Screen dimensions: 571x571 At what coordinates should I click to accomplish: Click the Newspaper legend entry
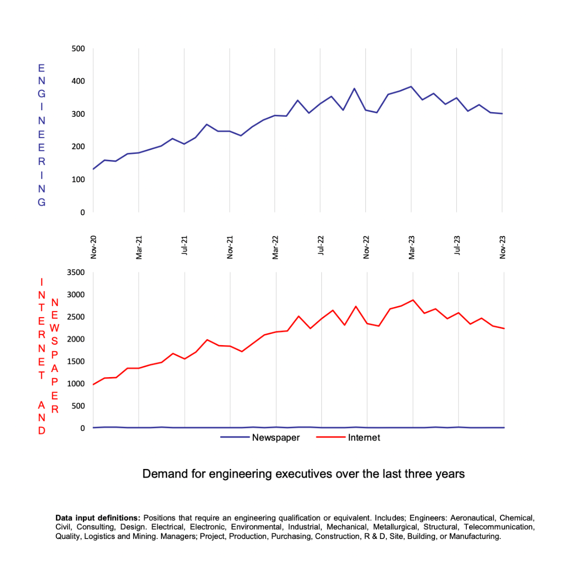[276, 438]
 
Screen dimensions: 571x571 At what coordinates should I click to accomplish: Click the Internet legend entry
[363, 438]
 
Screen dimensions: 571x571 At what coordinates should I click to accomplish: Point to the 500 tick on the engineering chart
[78, 49]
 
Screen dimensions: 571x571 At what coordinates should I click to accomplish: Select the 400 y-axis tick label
[78, 81]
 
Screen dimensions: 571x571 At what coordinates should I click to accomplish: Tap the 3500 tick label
[76, 273]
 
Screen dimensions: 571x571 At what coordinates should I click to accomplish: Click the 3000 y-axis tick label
[76, 295]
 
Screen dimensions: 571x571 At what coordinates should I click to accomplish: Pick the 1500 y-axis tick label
[76, 361]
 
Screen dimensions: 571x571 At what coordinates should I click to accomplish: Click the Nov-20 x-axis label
[94, 247]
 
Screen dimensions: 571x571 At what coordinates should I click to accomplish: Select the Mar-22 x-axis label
[276, 247]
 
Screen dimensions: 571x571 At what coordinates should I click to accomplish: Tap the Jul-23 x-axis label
[457, 247]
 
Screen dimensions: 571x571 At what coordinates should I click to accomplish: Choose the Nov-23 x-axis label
[502, 247]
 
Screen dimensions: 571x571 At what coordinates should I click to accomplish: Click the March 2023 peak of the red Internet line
[413, 300]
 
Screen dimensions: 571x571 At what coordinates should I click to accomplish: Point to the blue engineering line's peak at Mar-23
[411, 87]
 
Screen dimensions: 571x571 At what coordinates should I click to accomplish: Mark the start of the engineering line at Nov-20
[93, 169]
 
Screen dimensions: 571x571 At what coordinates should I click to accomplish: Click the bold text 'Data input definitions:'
[97, 518]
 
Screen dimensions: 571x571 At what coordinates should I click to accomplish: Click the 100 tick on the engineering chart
[78, 180]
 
